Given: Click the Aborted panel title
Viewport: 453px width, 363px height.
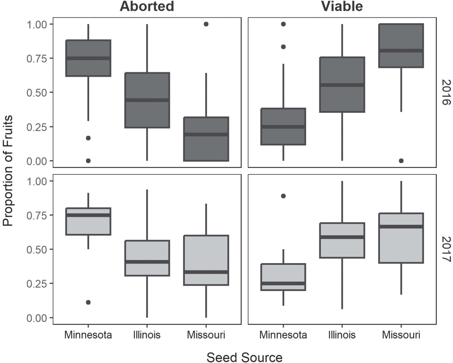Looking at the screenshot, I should pos(147,6).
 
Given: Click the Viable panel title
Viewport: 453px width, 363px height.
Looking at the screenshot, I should pos(342,6).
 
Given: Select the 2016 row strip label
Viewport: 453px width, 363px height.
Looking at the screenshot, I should pos(446,92).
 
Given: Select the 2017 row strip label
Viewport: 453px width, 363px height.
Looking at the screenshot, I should pos(446,249).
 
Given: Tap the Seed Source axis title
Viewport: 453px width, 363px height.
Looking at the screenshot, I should pos(244,358).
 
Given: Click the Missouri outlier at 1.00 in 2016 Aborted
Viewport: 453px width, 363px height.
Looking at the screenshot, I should pos(206,24).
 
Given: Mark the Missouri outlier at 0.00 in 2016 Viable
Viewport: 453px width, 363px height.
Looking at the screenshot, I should pos(401,161).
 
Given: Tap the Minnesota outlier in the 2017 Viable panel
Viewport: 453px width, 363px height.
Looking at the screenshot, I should pos(283,196).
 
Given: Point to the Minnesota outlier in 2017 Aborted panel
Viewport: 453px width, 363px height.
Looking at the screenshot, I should pos(88,302).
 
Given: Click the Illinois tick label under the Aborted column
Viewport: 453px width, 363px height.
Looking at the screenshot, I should pos(147,335).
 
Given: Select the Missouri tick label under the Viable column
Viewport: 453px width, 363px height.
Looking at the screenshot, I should pos(401,335).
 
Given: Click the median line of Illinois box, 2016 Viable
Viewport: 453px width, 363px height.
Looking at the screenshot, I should pos(342,85).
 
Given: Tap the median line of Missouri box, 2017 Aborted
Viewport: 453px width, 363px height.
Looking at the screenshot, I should pos(206,272).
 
